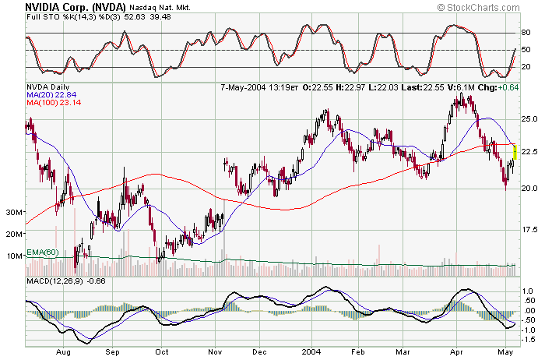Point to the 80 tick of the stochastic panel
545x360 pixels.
526,33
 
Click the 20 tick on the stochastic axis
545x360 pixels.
526,67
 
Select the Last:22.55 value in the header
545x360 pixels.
423,86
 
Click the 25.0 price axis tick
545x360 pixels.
530,119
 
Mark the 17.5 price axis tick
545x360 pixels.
530,230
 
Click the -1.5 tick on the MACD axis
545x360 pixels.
529,340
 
